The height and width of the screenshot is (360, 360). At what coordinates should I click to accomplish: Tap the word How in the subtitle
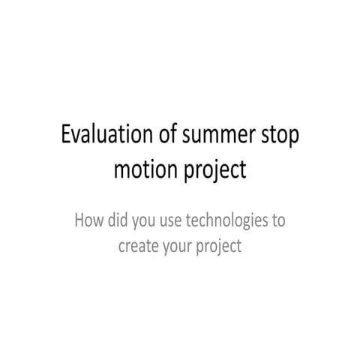click(88, 221)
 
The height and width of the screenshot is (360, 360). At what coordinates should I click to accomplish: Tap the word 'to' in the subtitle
click(279, 222)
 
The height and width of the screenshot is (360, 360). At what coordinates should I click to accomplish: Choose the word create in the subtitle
click(141, 246)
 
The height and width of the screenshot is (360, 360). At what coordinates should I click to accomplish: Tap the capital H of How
click(79, 221)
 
